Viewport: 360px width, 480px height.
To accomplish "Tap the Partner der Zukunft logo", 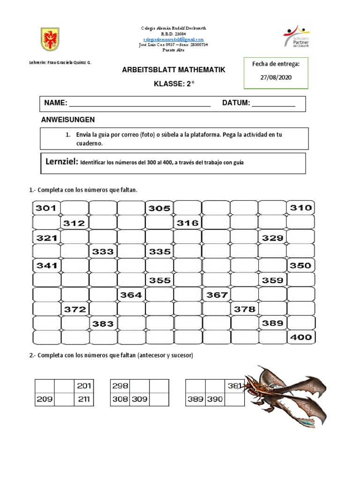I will coord(296,37).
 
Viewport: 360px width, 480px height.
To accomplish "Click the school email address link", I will coord(173,39).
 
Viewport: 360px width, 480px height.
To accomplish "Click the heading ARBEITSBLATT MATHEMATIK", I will coord(173,70).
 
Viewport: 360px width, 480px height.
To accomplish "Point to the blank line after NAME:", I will coord(140,104).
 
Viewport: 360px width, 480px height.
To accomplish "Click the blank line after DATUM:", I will coord(274,104).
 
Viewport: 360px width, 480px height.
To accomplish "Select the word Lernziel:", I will coord(61,162).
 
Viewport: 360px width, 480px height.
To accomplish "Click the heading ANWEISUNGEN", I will coord(68,120).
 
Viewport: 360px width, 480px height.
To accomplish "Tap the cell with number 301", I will coord(46,208).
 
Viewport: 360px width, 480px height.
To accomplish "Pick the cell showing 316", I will coord(187,223).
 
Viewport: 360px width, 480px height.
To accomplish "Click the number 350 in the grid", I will coord(300,265).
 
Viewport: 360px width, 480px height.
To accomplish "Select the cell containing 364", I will coord(131,295).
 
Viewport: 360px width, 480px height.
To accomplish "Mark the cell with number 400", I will coord(300,337).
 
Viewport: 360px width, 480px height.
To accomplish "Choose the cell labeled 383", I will coord(103,323).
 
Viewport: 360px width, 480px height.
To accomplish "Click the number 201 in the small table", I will coord(84,386).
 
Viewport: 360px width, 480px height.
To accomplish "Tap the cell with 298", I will coord(120,386).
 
